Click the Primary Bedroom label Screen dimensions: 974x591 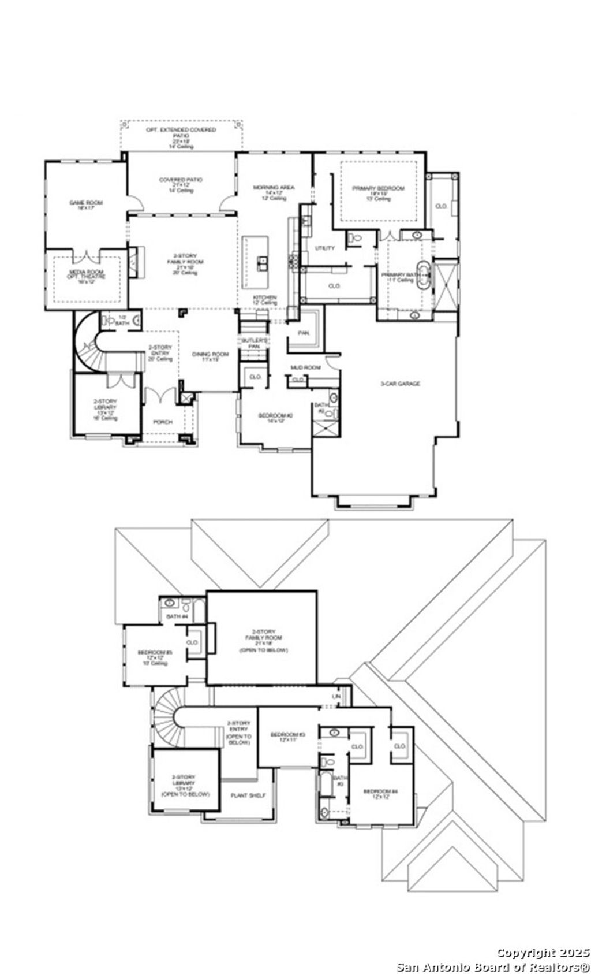(379, 191)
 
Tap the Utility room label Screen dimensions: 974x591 (324, 248)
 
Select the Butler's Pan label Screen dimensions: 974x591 (255, 343)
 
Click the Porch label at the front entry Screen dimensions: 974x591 (163, 422)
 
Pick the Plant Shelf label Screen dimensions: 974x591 (248, 795)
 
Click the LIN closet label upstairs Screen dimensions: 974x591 (336, 697)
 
